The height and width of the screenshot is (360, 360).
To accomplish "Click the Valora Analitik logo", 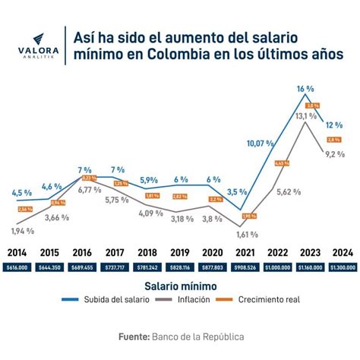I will [x=37, y=44].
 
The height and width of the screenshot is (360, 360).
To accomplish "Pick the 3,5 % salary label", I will [x=238, y=192].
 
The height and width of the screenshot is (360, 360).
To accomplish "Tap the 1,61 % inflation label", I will [x=249, y=235].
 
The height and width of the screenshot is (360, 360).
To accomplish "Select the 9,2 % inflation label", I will [x=334, y=154].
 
